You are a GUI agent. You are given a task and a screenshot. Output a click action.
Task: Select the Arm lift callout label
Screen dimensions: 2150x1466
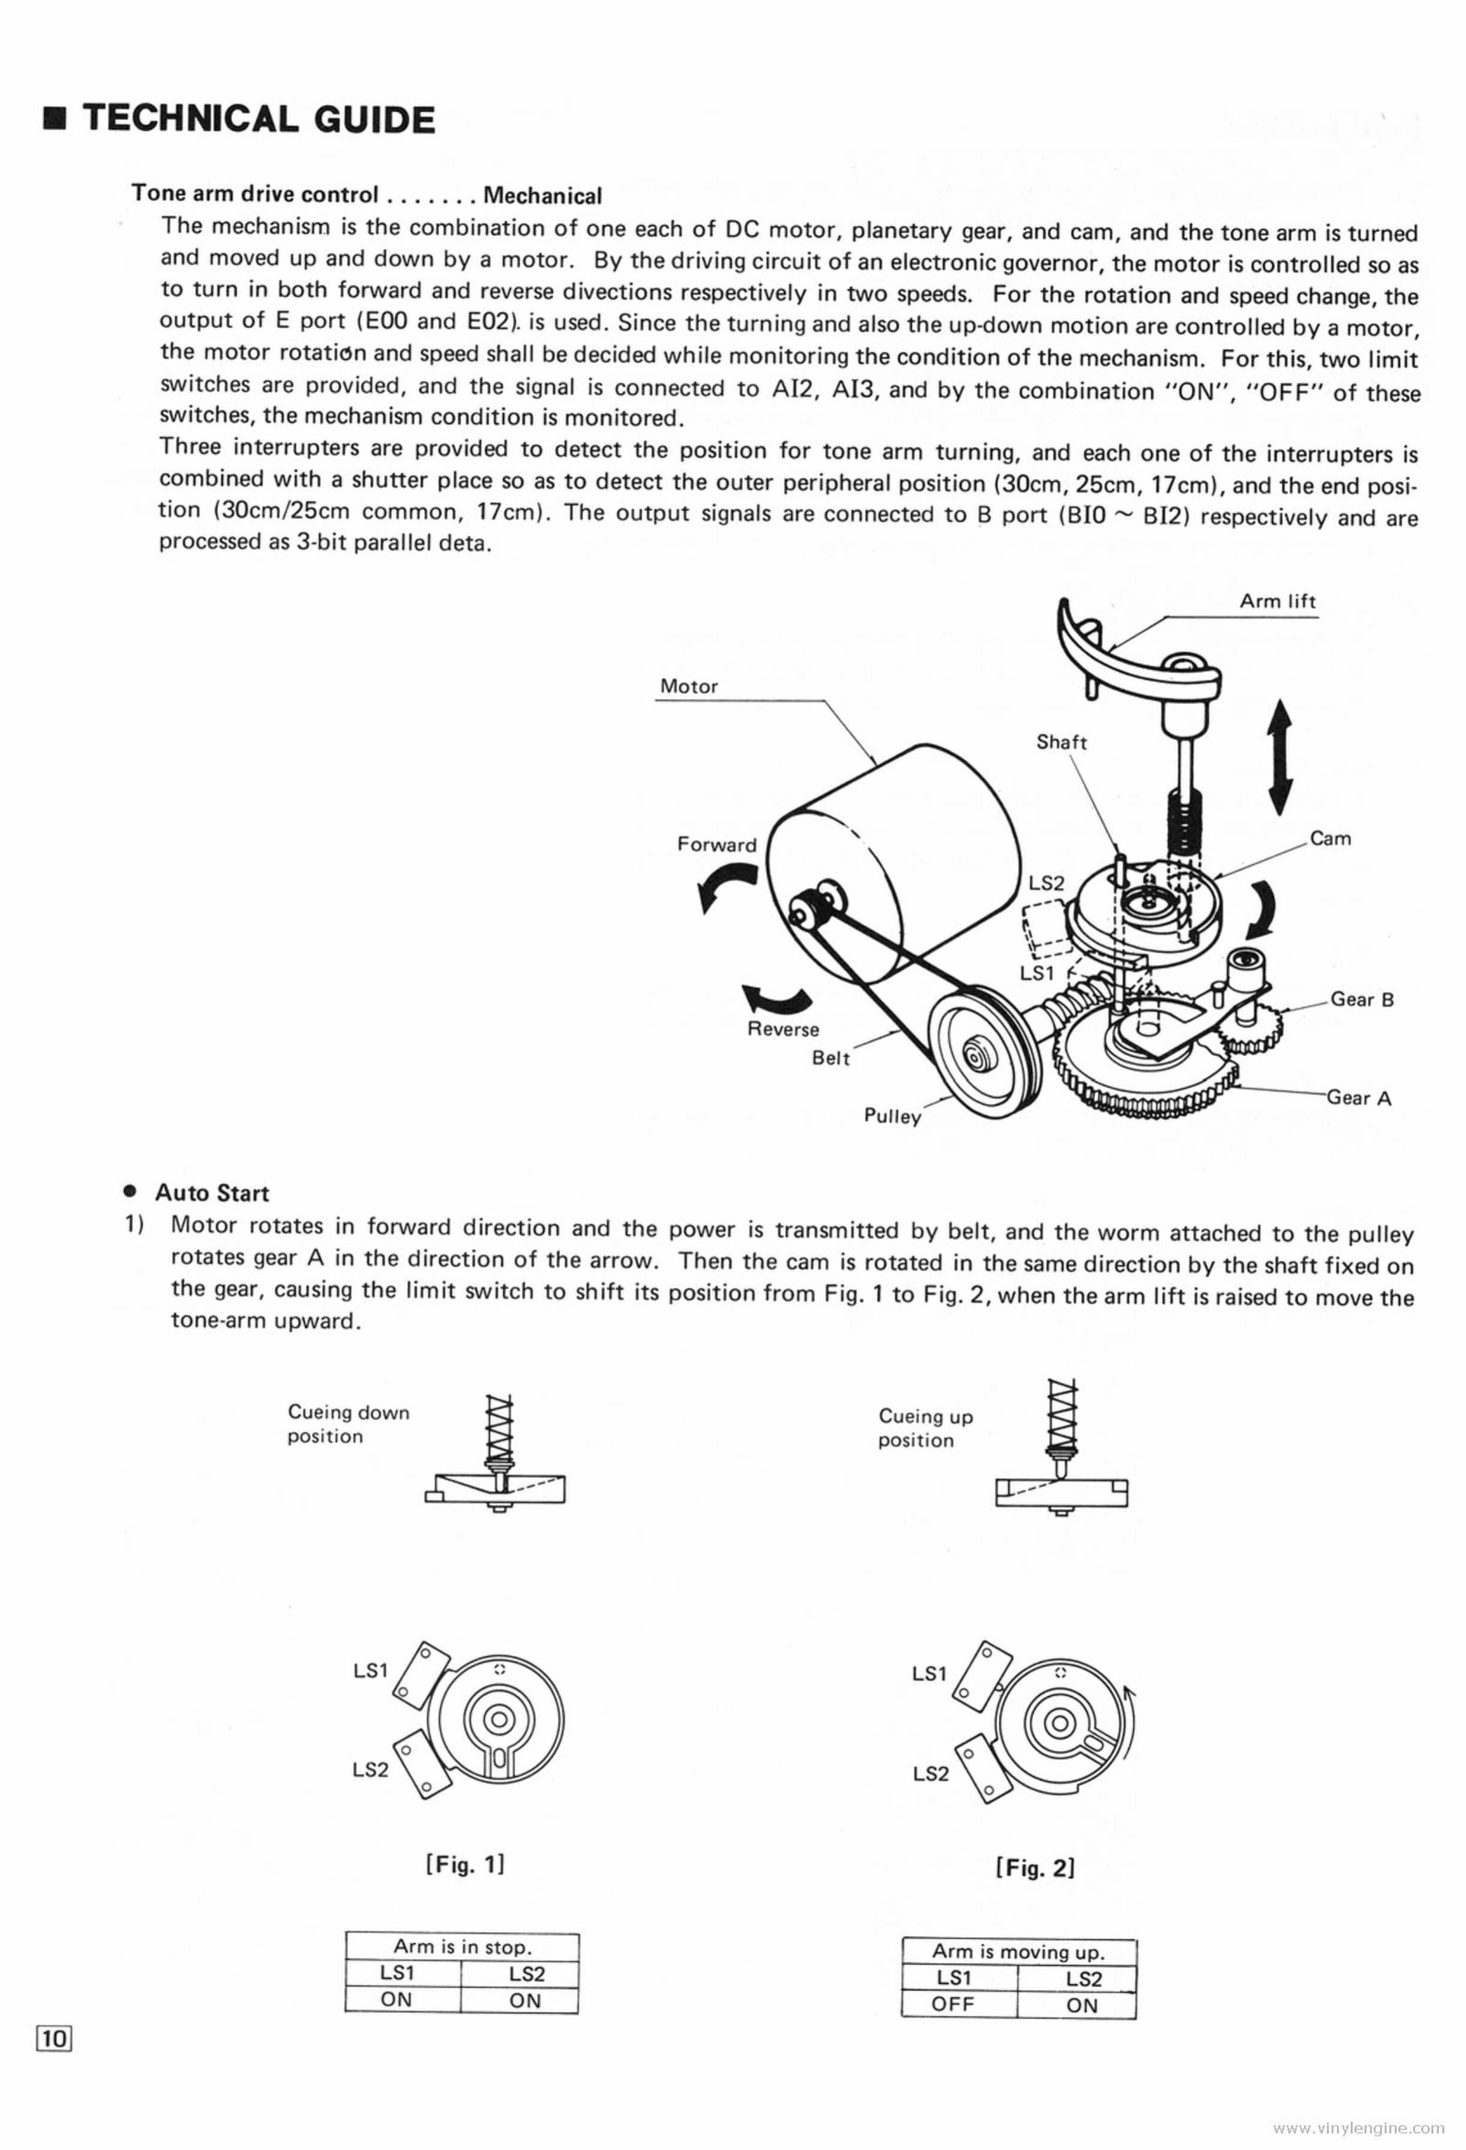pos(1276,601)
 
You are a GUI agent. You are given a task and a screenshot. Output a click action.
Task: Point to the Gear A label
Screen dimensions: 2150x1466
pos(1358,1098)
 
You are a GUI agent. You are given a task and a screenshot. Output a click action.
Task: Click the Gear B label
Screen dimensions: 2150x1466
pos(1362,1000)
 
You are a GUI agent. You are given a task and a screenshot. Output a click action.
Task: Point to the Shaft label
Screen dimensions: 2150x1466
pos(1061,742)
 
